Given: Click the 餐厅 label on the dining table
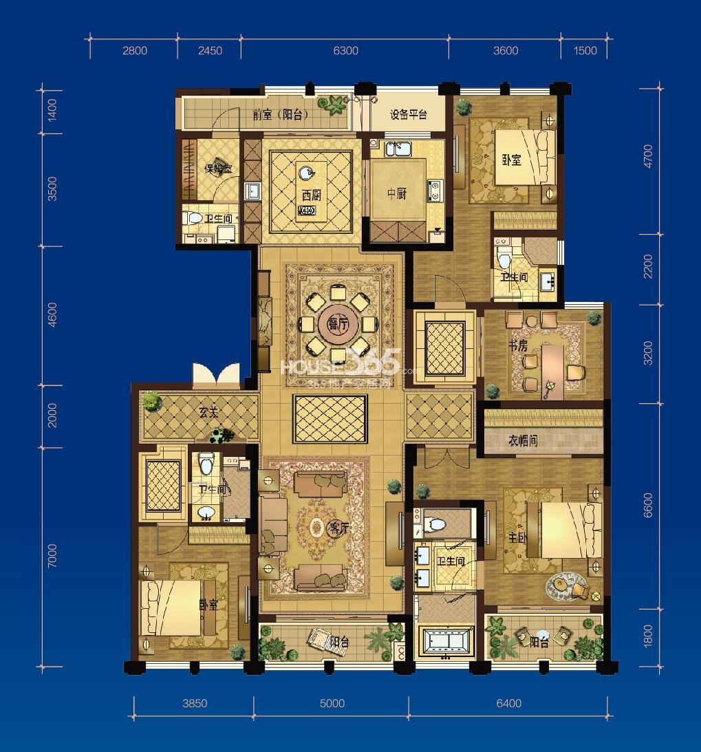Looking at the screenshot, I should pos(337,323).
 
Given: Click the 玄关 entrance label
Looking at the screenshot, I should pos(208,413).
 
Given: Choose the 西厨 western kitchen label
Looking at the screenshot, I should pos(312,195).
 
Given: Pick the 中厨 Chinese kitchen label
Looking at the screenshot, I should pos(396,194).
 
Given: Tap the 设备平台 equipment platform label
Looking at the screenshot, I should pos(409,115).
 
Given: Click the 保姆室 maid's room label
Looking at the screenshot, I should pos(201,168).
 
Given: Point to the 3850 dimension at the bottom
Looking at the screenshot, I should pos(195,703).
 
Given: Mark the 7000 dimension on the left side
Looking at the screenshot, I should pos(52,557).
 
